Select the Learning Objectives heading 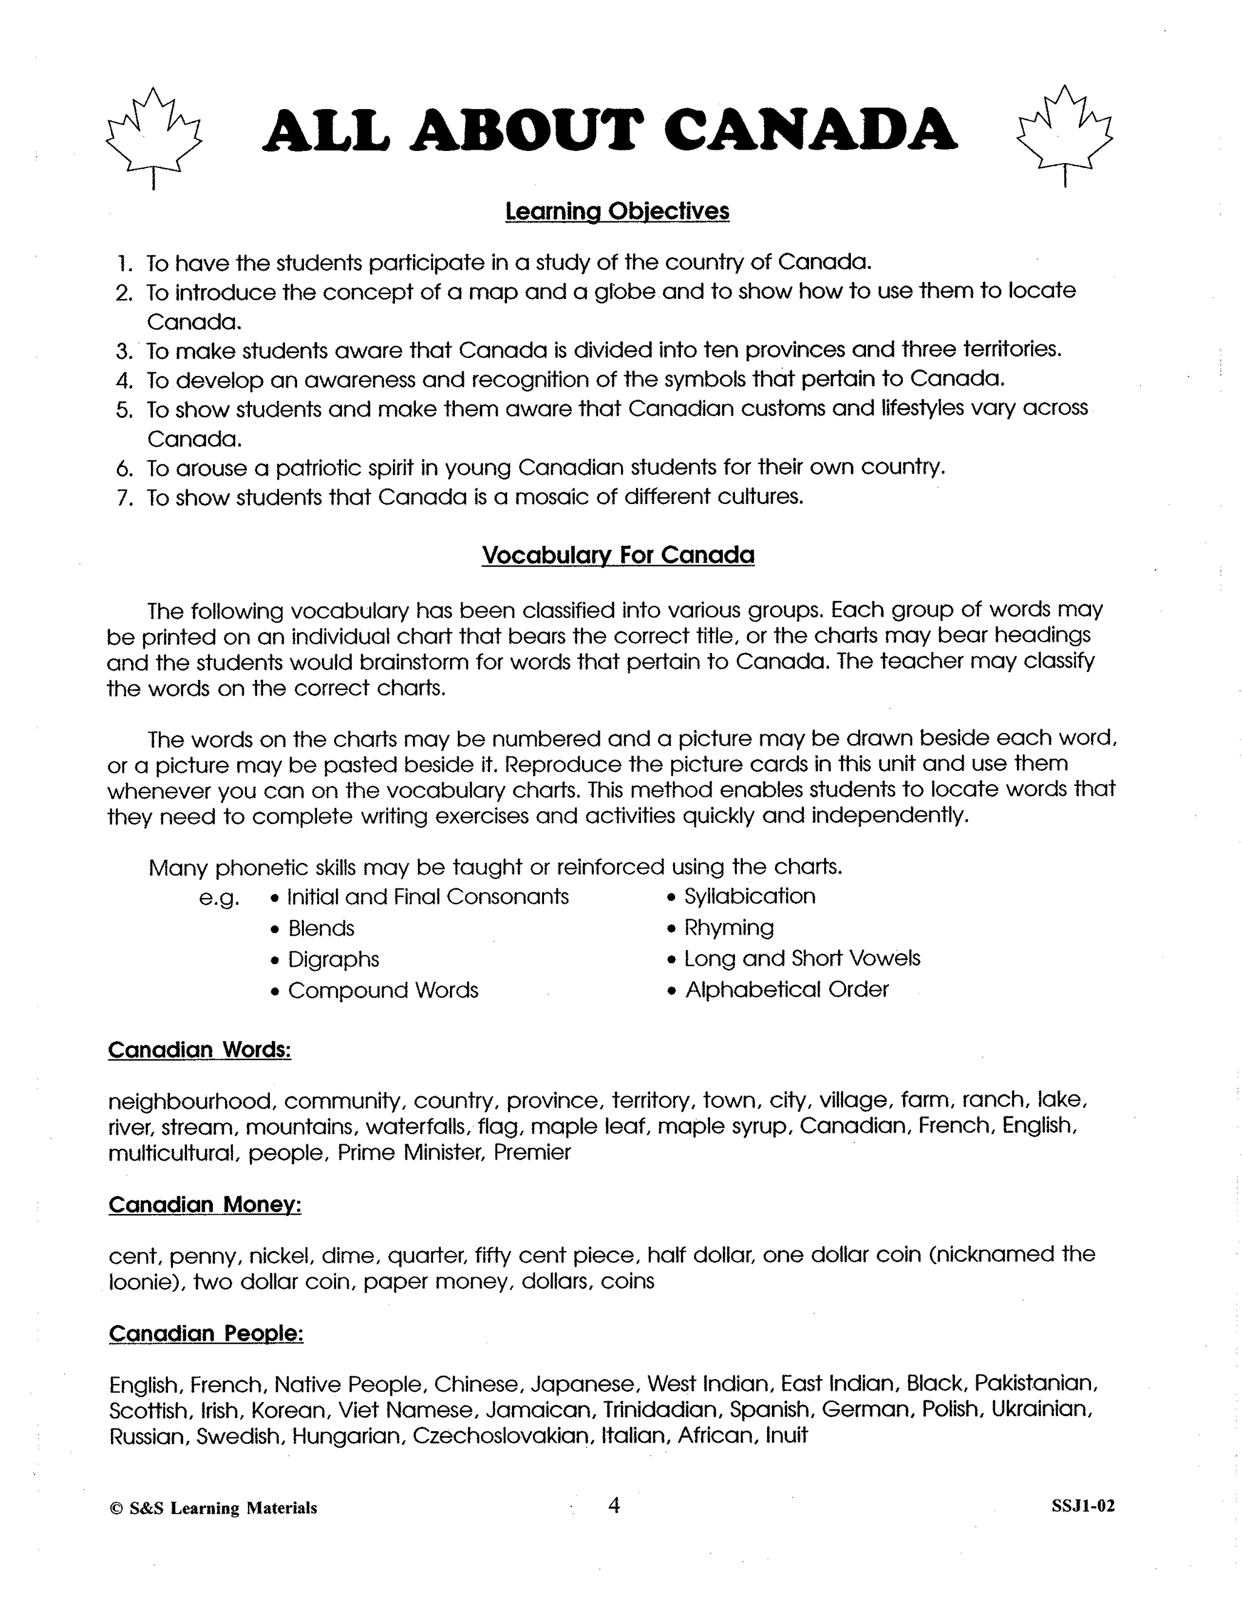point(617,212)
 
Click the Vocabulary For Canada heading point(617,554)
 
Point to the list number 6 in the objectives point(124,469)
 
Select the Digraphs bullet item point(332,959)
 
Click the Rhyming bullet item point(728,928)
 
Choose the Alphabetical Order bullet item point(786,990)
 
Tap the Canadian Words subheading point(200,1050)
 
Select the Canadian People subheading point(206,1334)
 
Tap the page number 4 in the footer point(614,1506)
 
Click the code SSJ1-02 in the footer point(1083,1506)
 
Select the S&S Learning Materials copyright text point(213,1508)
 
